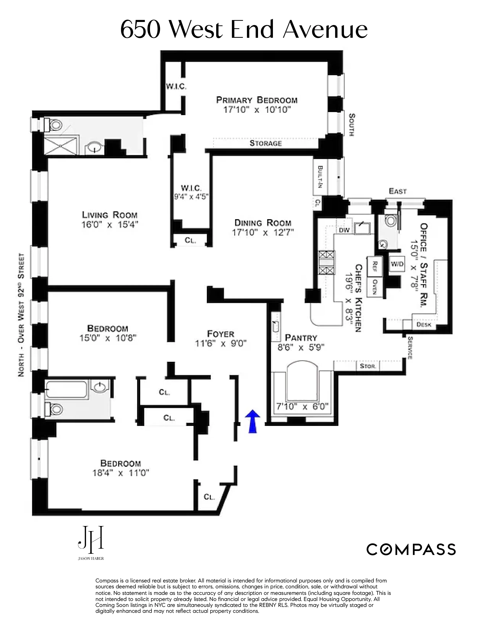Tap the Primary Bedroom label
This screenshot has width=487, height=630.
(x=257, y=100)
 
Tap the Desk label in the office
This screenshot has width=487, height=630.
(x=424, y=325)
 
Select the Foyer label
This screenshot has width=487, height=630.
(x=221, y=334)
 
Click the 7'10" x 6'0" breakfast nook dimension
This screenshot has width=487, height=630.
(x=302, y=407)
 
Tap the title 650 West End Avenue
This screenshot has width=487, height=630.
(x=244, y=30)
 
